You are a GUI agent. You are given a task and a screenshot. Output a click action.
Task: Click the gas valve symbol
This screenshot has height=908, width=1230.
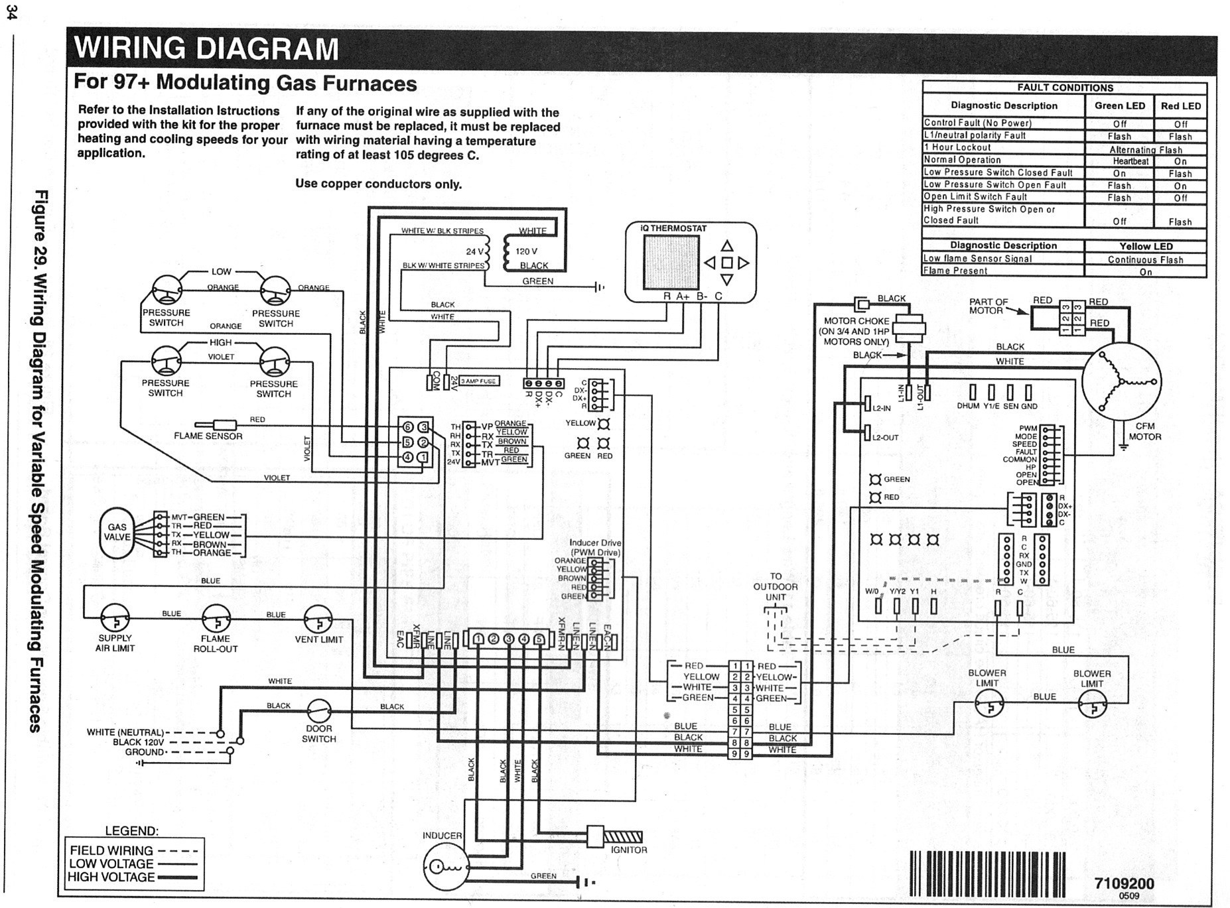pyautogui.click(x=117, y=533)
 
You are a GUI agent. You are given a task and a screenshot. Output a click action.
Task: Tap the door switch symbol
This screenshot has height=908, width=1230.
pyautogui.click(x=318, y=711)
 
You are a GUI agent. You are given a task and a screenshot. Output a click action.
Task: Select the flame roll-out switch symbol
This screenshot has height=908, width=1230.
pyautogui.click(x=216, y=619)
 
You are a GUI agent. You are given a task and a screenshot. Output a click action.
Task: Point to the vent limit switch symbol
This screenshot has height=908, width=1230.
pyautogui.click(x=318, y=620)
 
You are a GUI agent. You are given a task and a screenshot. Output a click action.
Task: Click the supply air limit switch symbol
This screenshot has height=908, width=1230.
pyautogui.click(x=114, y=619)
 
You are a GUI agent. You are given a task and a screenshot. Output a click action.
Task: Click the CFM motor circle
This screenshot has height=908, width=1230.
pyautogui.click(x=1121, y=383)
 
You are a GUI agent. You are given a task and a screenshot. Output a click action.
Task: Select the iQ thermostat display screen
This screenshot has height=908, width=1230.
pyautogui.click(x=670, y=261)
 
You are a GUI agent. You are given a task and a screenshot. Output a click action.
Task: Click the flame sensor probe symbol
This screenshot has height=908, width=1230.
pyautogui.click(x=216, y=424)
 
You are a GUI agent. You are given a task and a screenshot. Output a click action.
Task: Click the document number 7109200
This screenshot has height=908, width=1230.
pyautogui.click(x=1124, y=883)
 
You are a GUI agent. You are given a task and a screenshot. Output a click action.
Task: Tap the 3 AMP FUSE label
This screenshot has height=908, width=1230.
pyautogui.click(x=479, y=381)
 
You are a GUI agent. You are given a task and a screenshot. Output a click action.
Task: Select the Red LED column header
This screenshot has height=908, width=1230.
pyautogui.click(x=1180, y=106)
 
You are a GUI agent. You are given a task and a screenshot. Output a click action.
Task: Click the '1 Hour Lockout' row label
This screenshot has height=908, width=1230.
pyautogui.click(x=957, y=148)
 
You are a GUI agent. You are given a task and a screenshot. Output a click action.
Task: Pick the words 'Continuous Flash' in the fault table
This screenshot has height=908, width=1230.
pyautogui.click(x=1145, y=259)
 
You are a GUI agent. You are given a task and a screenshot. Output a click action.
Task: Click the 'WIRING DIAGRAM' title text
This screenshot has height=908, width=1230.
pyautogui.click(x=206, y=49)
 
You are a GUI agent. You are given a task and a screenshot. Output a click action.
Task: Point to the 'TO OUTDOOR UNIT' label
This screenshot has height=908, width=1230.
pyautogui.click(x=775, y=586)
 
